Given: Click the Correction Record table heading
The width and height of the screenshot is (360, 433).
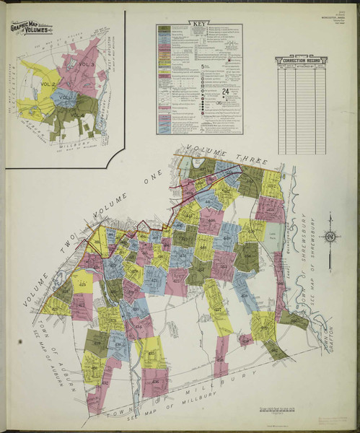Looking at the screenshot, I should click(301, 60).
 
